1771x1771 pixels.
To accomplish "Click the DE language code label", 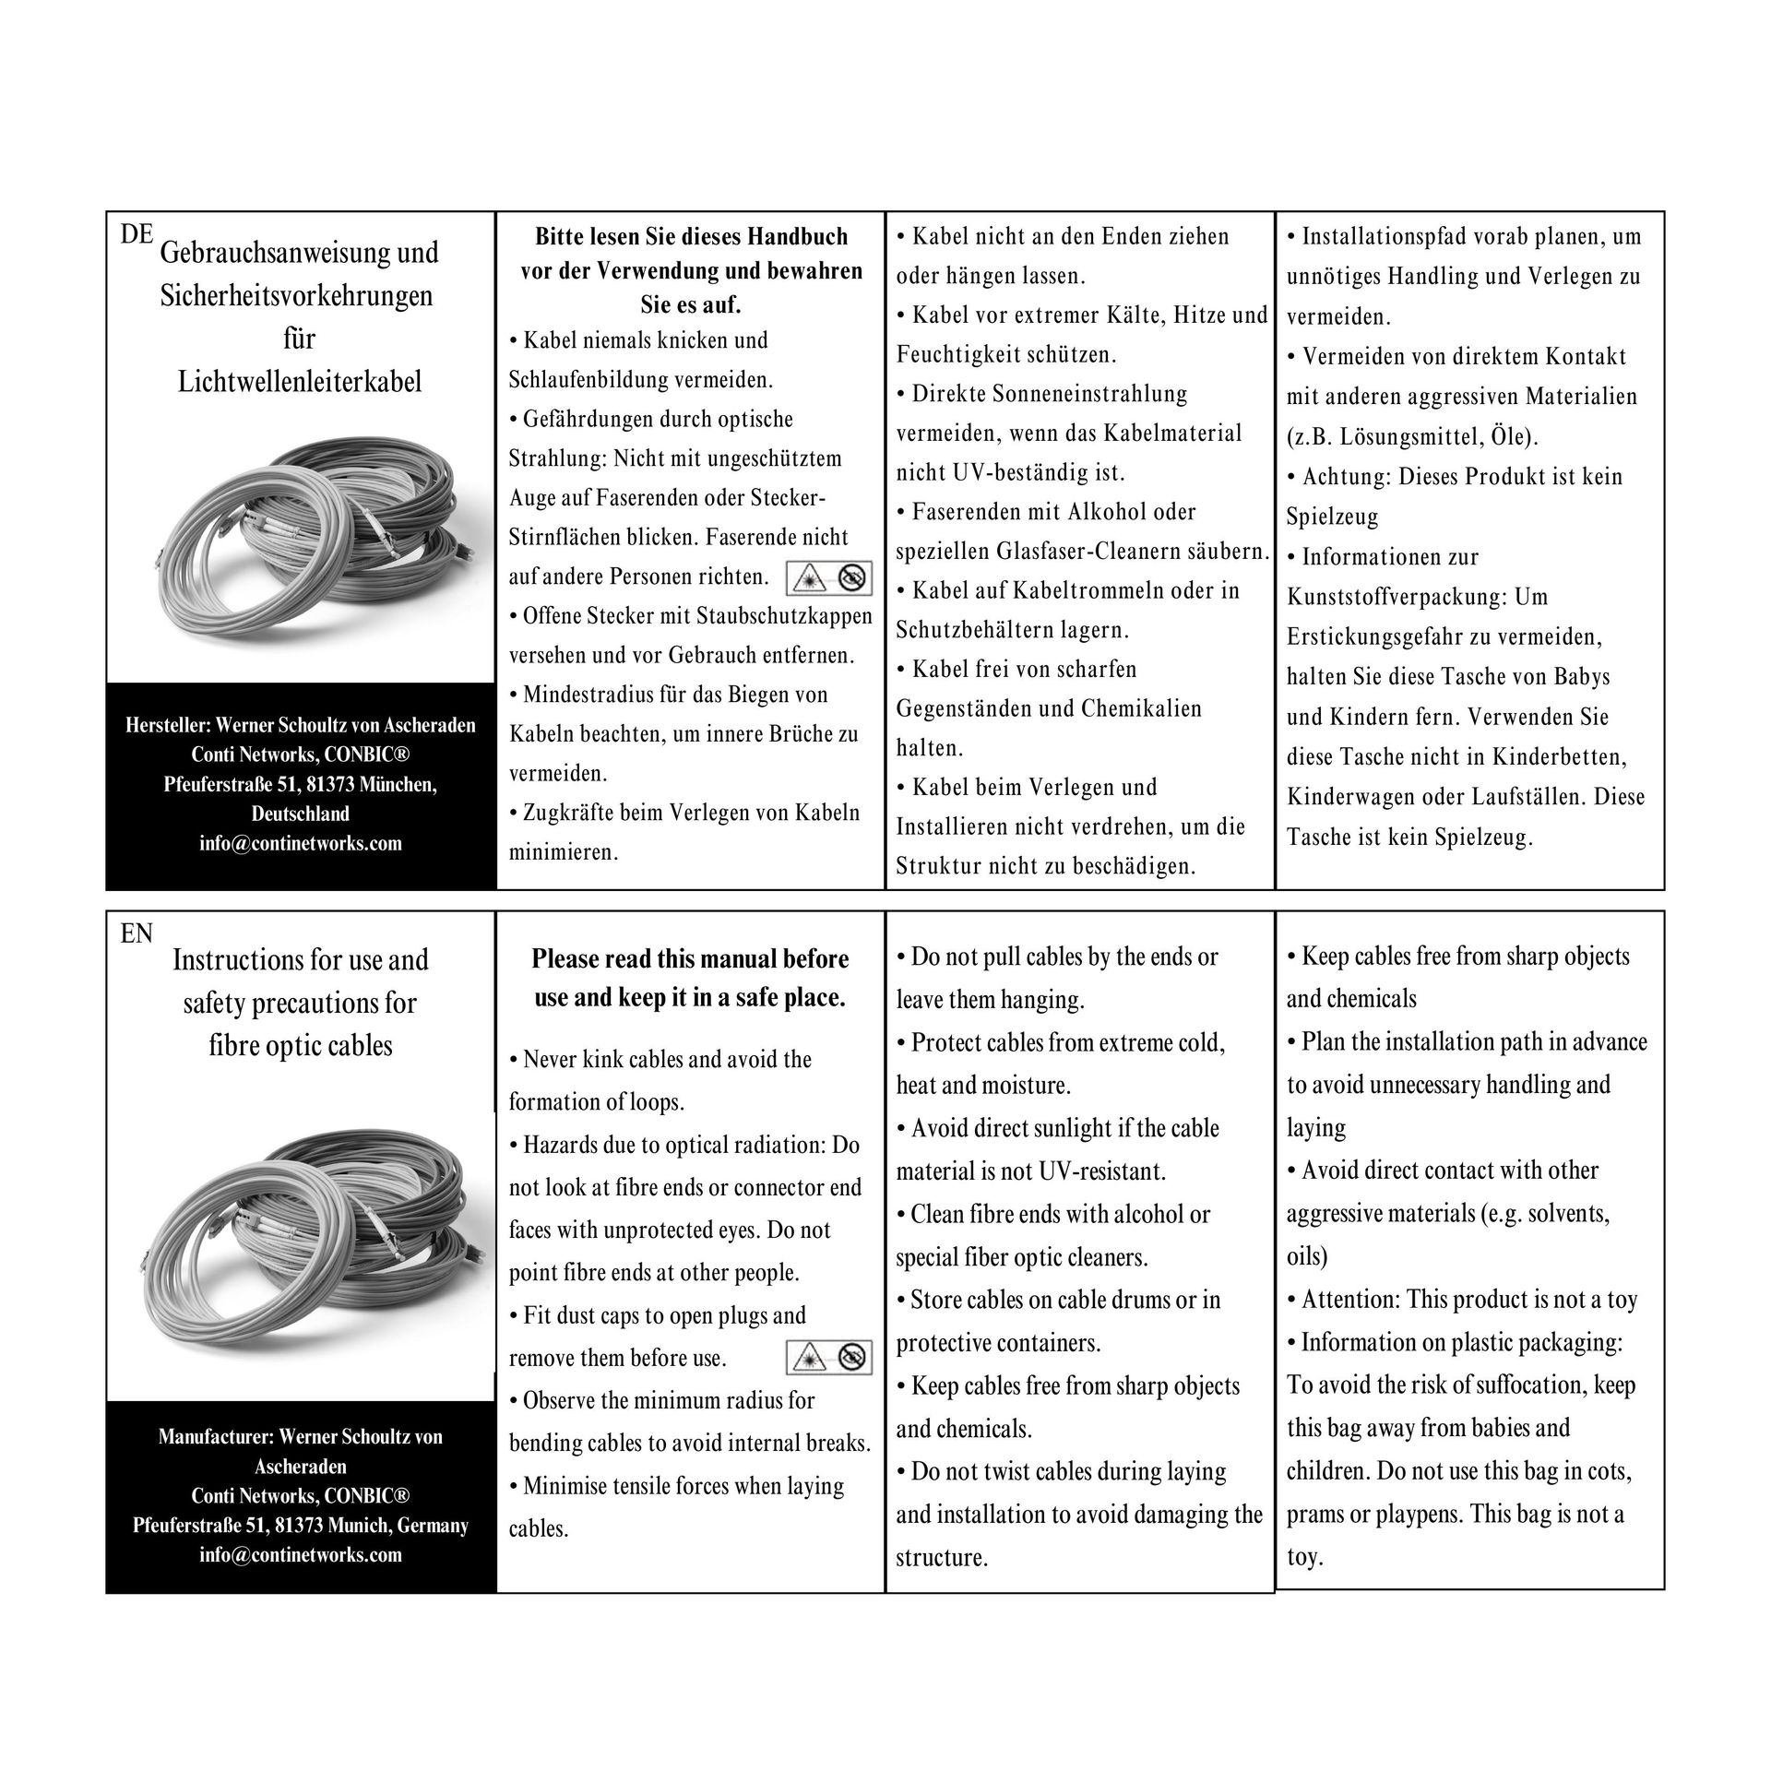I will coord(137,234).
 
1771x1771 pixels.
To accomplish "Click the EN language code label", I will coord(137,933).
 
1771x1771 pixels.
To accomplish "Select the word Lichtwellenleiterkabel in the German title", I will coord(300,381).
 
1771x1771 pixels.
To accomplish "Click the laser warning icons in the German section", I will coord(829,578).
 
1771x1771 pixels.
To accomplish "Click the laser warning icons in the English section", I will coord(829,1357).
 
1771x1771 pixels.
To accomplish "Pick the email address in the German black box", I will coord(300,843).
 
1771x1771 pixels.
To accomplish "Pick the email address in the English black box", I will coord(300,1554).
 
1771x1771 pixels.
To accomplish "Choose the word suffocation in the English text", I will coord(1456,1385).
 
